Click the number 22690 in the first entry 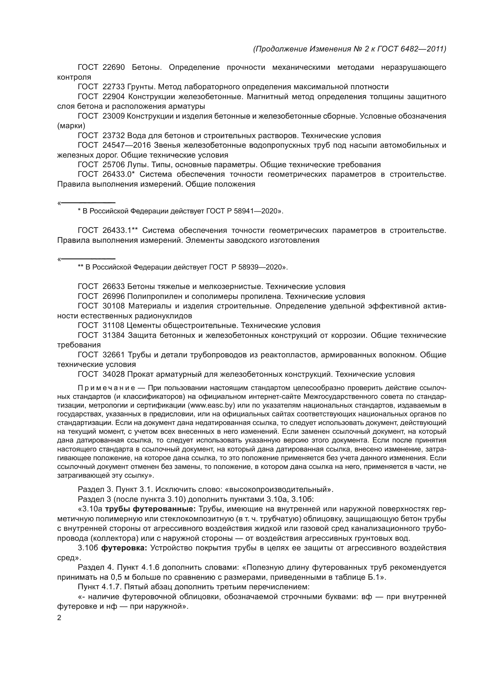pos(113,67)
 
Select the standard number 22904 pos(113,97)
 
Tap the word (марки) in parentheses pos(71,126)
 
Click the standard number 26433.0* pos(119,174)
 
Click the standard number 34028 pos(113,374)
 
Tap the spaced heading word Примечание pos(106,388)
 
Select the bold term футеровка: pos(124,548)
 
